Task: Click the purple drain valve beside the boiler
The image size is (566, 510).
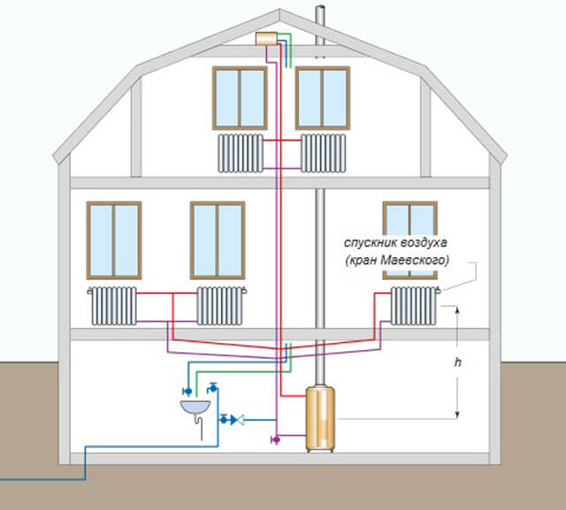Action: coord(275,438)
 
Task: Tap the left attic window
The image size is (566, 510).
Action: coord(240,98)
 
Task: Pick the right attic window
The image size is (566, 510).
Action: coord(322,98)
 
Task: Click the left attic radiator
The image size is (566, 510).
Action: coord(241,152)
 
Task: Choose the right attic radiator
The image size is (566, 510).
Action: coord(322,152)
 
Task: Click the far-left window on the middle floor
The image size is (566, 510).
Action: coord(114,240)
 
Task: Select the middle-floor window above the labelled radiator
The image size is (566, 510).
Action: coord(409,240)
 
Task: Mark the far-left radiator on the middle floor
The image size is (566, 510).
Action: coord(112,306)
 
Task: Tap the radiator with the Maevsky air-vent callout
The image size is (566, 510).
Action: coord(414,306)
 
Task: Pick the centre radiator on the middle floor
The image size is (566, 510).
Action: coord(218,306)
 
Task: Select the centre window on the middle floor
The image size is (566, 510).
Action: coord(218,240)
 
